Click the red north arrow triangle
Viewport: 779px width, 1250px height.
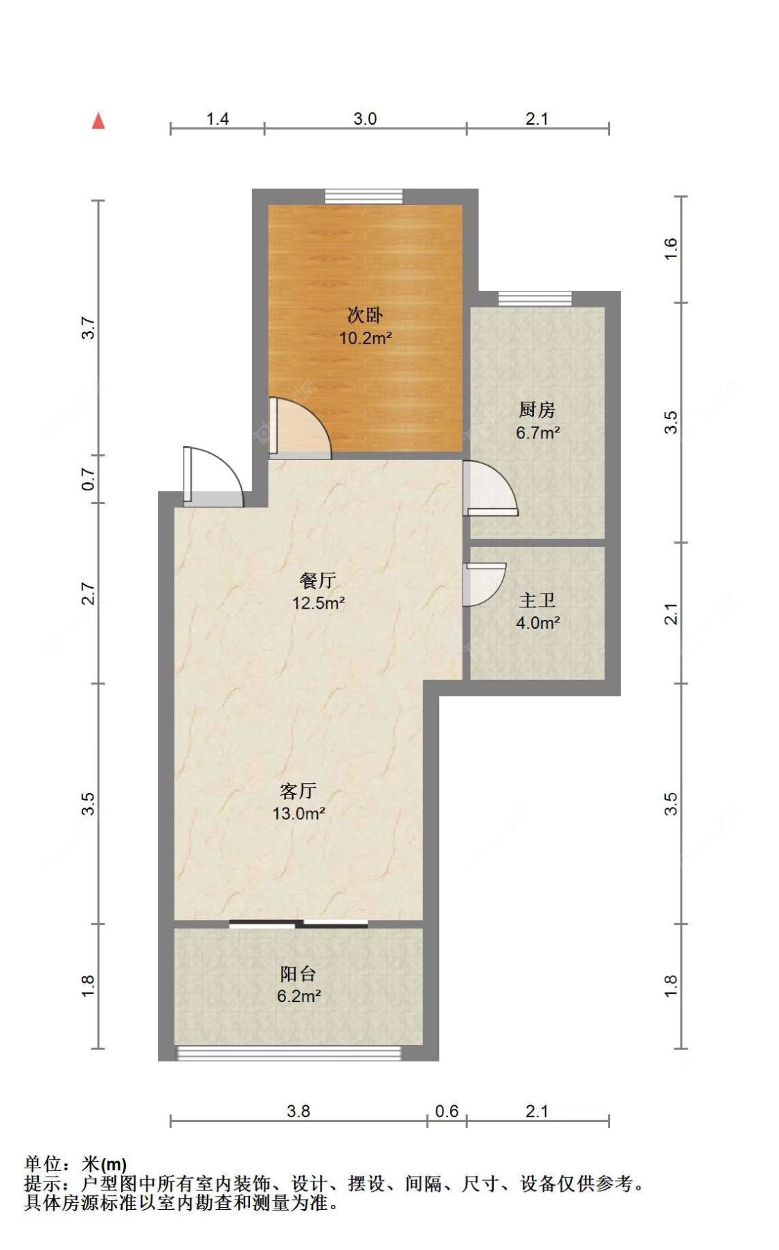pyautogui.click(x=98, y=121)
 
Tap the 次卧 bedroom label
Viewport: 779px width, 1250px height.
pyautogui.click(x=364, y=315)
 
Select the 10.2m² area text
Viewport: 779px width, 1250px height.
pyautogui.click(x=365, y=338)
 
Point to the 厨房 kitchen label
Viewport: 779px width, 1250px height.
pyautogui.click(x=537, y=410)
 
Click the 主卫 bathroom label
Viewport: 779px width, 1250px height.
pyautogui.click(x=537, y=600)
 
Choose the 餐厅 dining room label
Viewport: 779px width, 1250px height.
pyautogui.click(x=318, y=580)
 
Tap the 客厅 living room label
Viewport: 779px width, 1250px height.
pyautogui.click(x=298, y=790)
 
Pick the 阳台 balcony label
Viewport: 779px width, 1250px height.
pyautogui.click(x=298, y=974)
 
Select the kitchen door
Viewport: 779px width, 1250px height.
pyautogui.click(x=490, y=488)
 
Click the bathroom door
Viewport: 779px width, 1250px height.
pyautogui.click(x=484, y=584)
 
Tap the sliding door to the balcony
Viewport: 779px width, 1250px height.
pyautogui.click(x=298, y=923)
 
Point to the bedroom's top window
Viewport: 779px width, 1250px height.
pyautogui.click(x=364, y=196)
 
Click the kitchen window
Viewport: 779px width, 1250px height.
pyautogui.click(x=535, y=298)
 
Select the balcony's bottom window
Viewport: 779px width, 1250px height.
pyautogui.click(x=289, y=1053)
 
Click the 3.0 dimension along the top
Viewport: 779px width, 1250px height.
pyautogui.click(x=365, y=118)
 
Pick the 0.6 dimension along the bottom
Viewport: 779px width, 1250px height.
pyautogui.click(x=447, y=1111)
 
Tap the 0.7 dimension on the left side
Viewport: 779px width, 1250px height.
pyautogui.click(x=88, y=479)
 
